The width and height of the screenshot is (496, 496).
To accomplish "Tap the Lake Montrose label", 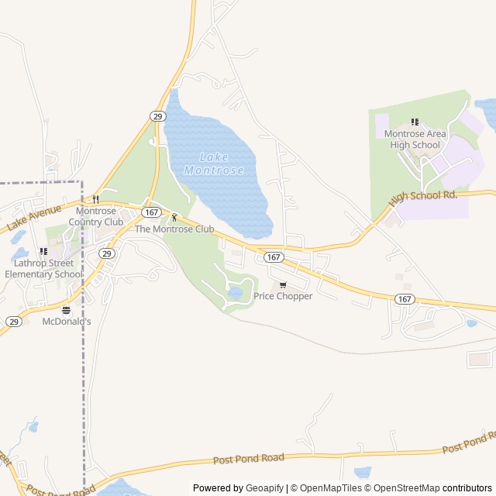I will (x=213, y=164).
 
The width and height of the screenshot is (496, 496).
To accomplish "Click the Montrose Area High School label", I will (x=415, y=139).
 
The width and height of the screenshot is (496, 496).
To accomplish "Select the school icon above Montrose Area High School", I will (x=415, y=122).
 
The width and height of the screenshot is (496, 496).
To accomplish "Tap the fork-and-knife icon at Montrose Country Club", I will (x=96, y=199).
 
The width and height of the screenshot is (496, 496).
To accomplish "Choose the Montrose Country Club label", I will (x=96, y=216).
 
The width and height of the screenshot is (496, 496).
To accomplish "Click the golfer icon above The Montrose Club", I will (x=174, y=217).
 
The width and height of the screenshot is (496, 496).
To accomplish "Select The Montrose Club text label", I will (x=174, y=229).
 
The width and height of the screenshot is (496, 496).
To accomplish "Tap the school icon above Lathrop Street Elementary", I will (x=43, y=251).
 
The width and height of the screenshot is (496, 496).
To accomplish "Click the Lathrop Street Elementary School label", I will (x=43, y=268).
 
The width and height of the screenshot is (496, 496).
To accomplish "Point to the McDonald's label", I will (x=67, y=321).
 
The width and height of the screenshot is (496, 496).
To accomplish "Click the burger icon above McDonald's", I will (x=66, y=309).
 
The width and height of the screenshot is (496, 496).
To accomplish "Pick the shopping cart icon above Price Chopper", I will (x=283, y=284).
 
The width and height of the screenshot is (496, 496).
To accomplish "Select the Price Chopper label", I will (x=283, y=296).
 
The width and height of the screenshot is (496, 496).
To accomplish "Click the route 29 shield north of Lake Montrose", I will (x=157, y=116).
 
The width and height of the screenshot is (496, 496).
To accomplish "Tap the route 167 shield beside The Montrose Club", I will (x=151, y=212).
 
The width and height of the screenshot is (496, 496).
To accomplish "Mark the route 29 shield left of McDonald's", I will (x=14, y=321).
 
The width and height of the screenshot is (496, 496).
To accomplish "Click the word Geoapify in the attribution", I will (x=266, y=488).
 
